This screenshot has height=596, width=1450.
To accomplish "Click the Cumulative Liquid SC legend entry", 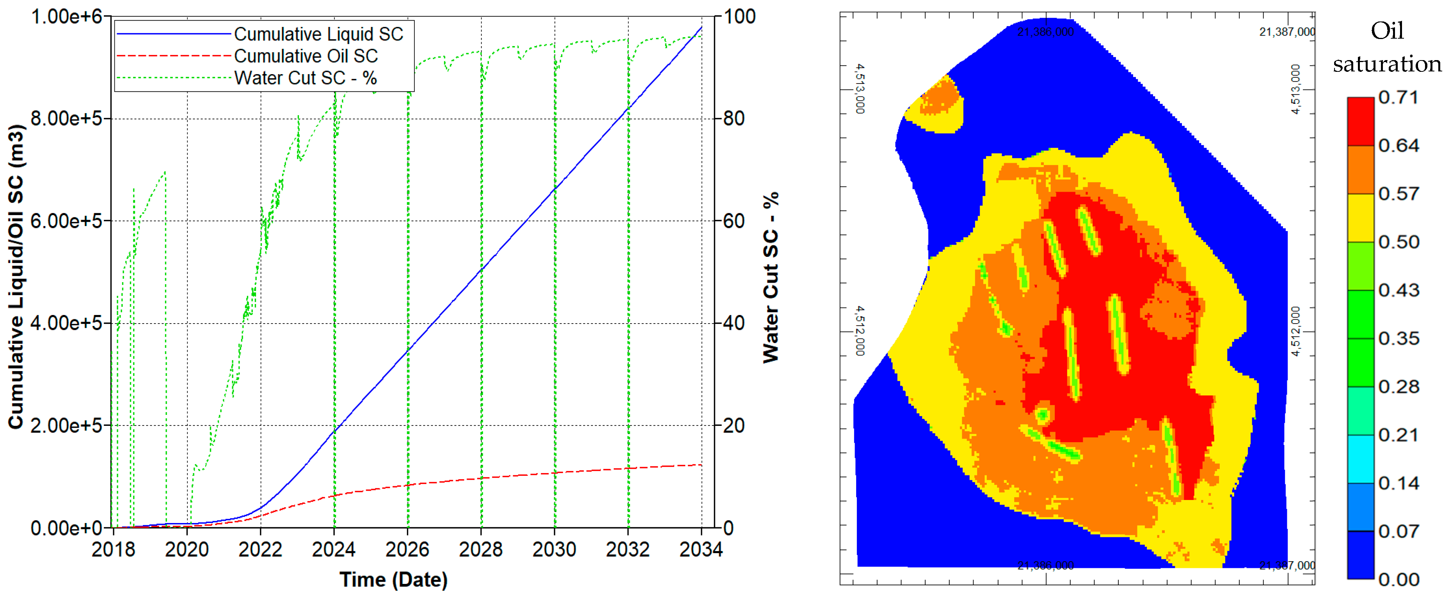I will pos(318,34).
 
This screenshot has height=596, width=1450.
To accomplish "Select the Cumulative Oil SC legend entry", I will pos(306,56).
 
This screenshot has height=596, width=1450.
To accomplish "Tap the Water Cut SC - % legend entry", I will pos(305,78).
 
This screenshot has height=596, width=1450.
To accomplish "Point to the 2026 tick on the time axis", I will pos(407,549).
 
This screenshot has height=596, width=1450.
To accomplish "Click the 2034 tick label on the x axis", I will pos(701,549).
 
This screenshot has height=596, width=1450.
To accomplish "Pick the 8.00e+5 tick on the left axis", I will pos(66,119).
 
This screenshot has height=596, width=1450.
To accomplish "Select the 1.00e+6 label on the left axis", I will pos(66,17).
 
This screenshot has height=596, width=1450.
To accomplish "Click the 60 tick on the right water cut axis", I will pos(734,221).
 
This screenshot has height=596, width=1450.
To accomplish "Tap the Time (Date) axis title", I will pos(393,579).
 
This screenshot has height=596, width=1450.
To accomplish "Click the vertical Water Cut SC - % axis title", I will pos(771,278).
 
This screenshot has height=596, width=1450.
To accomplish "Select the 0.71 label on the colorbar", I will pos(1398,97).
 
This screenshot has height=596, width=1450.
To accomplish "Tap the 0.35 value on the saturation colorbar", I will pos(1398,339).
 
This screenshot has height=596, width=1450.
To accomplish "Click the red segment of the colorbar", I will pos(1361,121).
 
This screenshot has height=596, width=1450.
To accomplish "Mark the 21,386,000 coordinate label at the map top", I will pos(1045,32).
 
